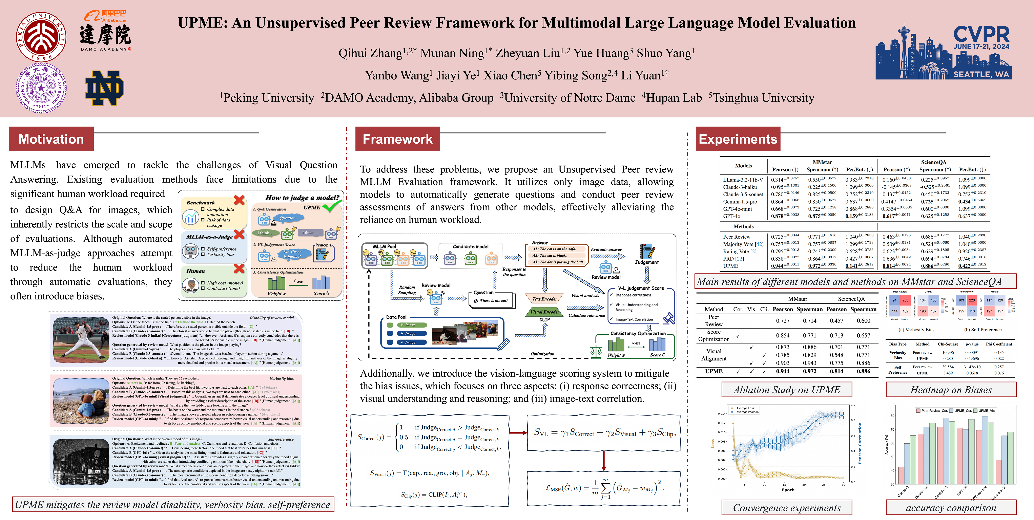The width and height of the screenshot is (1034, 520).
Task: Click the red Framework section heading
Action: tap(397, 139)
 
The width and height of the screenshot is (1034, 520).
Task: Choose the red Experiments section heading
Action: tap(738, 139)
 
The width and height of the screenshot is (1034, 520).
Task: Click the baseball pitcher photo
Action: tap(81, 340)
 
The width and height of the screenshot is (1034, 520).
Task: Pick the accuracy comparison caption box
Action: tap(951, 507)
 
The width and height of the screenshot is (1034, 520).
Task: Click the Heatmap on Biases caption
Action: tap(951, 390)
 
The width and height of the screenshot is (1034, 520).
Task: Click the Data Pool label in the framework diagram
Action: tap(396, 317)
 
